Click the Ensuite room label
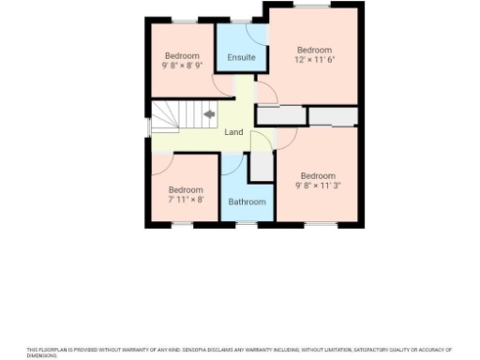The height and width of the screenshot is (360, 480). (241, 58)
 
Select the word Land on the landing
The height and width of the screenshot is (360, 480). (234, 132)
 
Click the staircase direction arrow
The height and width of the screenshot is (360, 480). (208, 115)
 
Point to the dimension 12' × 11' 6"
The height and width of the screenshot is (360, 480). (314, 60)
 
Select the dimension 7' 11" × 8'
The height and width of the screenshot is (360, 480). (186, 200)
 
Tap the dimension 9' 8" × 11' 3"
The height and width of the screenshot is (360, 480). (318, 186)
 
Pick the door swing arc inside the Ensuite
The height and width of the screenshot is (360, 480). (253, 32)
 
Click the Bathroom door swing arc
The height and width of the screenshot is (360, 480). (230, 167)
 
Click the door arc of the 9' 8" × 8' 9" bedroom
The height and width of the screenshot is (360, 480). (223, 88)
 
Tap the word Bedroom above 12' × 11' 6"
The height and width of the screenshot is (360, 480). (314, 50)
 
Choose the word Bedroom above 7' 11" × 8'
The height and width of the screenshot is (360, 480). (186, 189)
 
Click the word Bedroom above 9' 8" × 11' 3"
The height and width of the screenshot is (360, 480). (318, 175)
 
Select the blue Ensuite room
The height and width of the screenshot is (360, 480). (240, 47)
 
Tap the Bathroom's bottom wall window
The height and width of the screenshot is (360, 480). (246, 224)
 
